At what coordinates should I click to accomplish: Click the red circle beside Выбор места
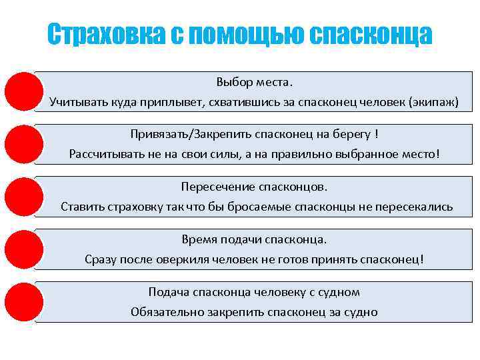(24, 91)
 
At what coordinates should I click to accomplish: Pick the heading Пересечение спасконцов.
(254, 187)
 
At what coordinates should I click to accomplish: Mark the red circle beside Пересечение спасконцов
(24, 197)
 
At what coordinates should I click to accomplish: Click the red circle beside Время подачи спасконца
(24, 249)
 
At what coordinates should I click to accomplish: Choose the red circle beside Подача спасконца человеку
(24, 302)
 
